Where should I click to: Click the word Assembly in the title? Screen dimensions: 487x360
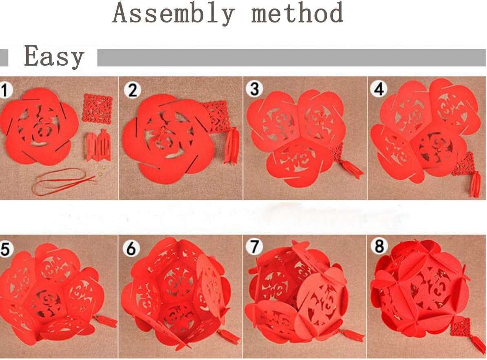pos(173,13)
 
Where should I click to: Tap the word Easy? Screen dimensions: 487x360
pos(54,56)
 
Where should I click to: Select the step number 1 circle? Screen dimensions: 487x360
pos(5,90)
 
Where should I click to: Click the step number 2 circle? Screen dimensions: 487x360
pos(132,90)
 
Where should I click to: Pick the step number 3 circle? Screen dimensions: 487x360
pos(254,89)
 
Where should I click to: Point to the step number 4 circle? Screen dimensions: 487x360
pos(379,89)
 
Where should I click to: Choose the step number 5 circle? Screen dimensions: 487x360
pos(5,249)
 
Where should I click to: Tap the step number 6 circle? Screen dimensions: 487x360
pos(131,248)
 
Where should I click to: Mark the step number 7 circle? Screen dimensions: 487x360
pos(254,247)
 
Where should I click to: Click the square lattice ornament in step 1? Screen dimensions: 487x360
pos(97,109)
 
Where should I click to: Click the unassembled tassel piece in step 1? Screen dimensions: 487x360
pos(98,146)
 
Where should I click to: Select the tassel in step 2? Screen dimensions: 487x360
pos(231,146)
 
